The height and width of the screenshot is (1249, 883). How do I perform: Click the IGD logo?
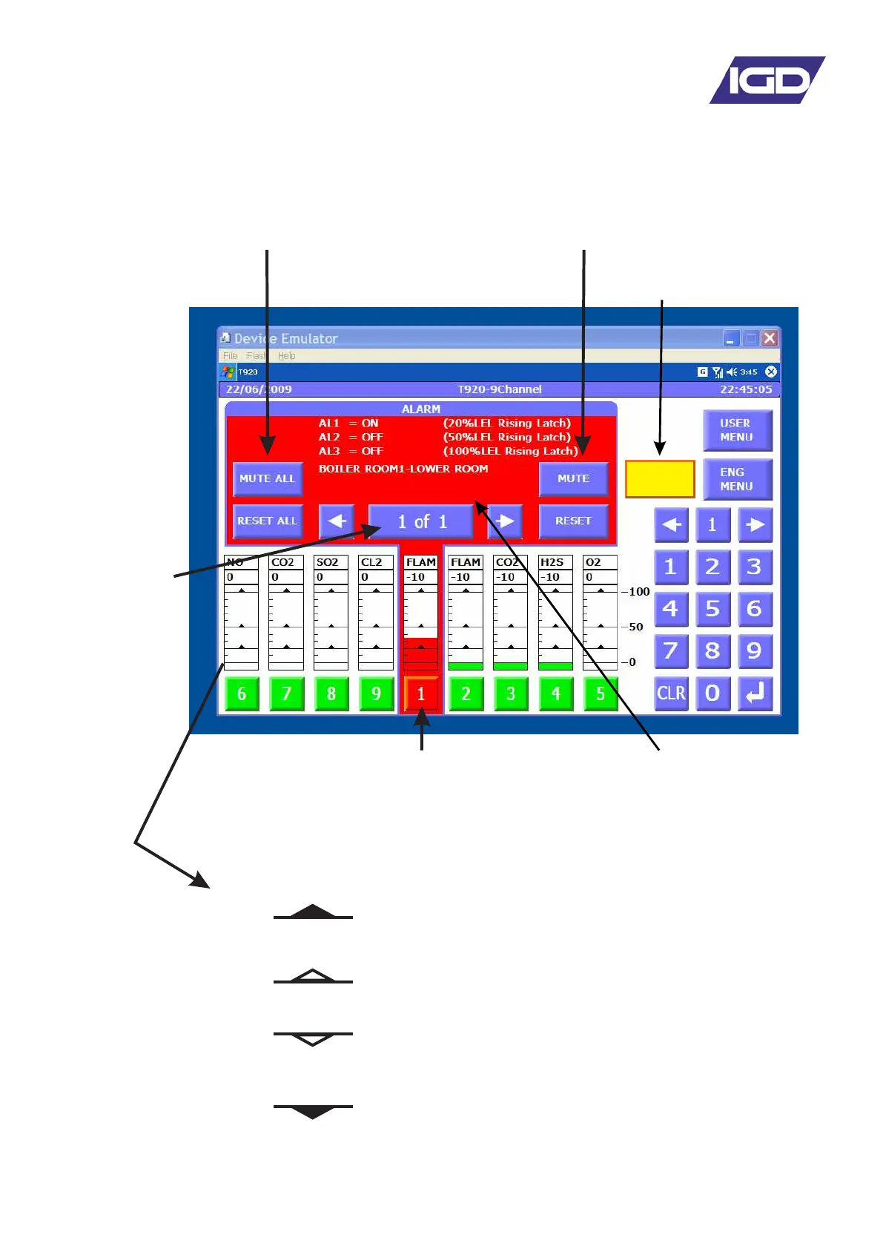767,80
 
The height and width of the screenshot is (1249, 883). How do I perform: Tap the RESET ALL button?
267,521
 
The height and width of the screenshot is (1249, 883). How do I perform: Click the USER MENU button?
737,430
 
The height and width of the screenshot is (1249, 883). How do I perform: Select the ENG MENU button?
737,479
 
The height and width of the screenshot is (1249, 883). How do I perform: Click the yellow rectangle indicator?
660,479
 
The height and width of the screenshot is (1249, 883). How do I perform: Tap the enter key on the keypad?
755,693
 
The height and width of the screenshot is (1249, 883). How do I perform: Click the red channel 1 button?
421,694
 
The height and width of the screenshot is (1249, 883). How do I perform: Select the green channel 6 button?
242,694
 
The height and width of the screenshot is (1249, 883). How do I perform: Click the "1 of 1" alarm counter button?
421,521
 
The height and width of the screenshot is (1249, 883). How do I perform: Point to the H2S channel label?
552,562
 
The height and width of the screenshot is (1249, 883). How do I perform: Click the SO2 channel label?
328,562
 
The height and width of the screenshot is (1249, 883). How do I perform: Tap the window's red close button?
770,338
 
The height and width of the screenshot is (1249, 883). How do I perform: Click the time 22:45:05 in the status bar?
746,389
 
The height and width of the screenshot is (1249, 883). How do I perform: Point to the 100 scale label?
639,592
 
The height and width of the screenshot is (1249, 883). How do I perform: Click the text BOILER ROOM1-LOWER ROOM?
403,469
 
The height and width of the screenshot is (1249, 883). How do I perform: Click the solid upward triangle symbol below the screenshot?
313,912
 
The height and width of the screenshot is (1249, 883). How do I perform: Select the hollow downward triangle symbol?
313,1039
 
